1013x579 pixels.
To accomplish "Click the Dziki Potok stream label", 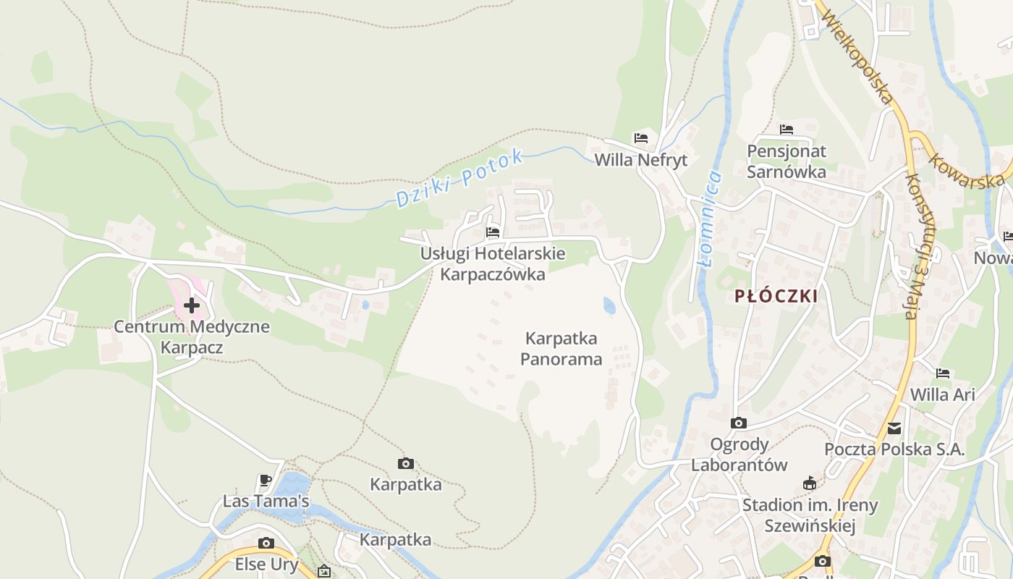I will click(459, 178).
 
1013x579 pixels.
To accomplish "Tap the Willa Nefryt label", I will click(640, 160).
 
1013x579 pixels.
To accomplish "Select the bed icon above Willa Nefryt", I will click(641, 138).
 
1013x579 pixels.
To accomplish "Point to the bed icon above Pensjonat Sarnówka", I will click(787, 130).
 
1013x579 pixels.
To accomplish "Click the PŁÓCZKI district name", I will click(776, 296).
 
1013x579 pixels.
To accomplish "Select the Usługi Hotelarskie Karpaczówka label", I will click(493, 264).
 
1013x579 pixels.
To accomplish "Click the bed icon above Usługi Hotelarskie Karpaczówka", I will click(493, 232).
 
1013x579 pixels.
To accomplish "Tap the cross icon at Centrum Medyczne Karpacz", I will click(192, 305).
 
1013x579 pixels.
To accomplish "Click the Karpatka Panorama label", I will click(561, 349).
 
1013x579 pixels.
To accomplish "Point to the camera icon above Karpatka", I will click(406, 463).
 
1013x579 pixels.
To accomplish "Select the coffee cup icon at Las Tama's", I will click(266, 480).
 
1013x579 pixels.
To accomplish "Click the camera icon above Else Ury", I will click(266, 543).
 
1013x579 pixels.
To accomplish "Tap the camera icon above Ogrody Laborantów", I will click(739, 423).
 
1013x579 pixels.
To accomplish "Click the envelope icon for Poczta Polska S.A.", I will click(895, 428).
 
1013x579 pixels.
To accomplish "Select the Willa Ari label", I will click(943, 394).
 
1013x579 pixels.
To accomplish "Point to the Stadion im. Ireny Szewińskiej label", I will click(810, 515).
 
